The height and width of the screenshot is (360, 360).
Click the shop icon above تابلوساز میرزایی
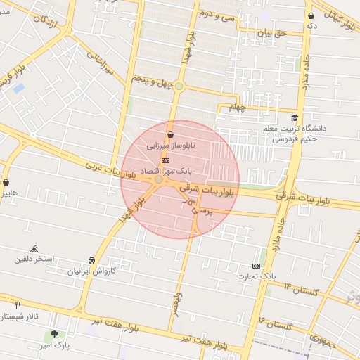[170, 135]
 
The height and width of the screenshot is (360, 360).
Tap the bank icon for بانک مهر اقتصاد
[165, 161]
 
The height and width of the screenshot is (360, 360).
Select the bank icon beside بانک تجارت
[256, 266]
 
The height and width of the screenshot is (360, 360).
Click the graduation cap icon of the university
[295, 118]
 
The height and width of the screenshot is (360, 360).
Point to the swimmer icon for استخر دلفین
[34, 249]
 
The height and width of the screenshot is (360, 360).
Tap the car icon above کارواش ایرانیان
[92, 259]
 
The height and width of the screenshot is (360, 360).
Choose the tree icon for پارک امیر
[54, 334]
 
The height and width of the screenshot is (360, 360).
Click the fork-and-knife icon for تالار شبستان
[18, 305]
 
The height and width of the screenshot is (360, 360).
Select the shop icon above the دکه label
[311, 15]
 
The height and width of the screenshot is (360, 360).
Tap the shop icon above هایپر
[6, 181]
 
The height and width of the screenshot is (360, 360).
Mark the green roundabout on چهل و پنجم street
[179, 86]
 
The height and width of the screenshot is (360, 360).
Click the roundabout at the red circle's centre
[160, 180]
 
